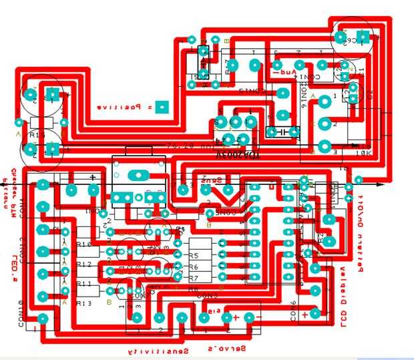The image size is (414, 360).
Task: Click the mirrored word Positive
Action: click(120, 107)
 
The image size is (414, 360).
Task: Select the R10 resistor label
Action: click(83, 244)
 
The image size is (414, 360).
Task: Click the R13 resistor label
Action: click(83, 303)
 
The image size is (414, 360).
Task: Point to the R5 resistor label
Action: click(194, 256)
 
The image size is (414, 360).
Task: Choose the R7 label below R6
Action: click(194, 277)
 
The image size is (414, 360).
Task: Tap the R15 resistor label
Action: click(37, 135)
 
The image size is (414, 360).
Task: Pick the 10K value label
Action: click(363, 153)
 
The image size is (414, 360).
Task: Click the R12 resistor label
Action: click(83, 264)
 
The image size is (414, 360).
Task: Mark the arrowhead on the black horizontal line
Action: click(381, 183)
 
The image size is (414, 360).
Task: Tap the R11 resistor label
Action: click(83, 284)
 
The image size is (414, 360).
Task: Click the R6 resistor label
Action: click(194, 266)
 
